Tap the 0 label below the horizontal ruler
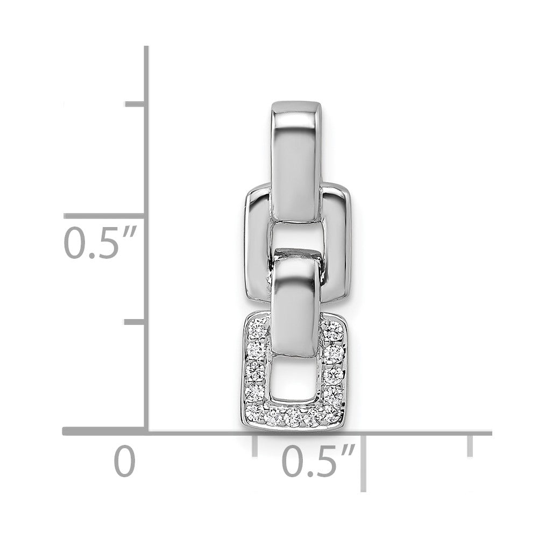[x=124, y=461]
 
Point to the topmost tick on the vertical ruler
[x=135, y=104]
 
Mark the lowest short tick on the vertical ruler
[x=135, y=322]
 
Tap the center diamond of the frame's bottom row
[x=294, y=416]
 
